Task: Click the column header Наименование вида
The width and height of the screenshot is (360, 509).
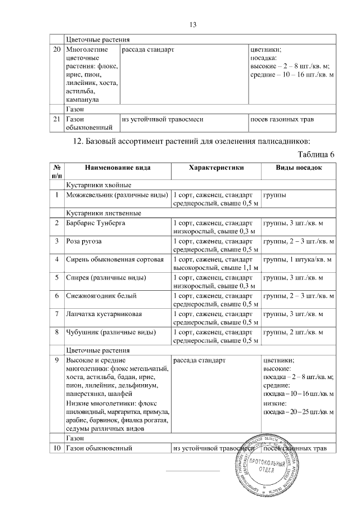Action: click(x=118, y=168)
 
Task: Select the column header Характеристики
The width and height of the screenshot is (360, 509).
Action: click(x=216, y=168)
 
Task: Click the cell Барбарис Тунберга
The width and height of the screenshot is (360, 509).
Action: click(x=96, y=224)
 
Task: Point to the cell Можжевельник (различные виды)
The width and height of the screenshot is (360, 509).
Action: click(x=117, y=195)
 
